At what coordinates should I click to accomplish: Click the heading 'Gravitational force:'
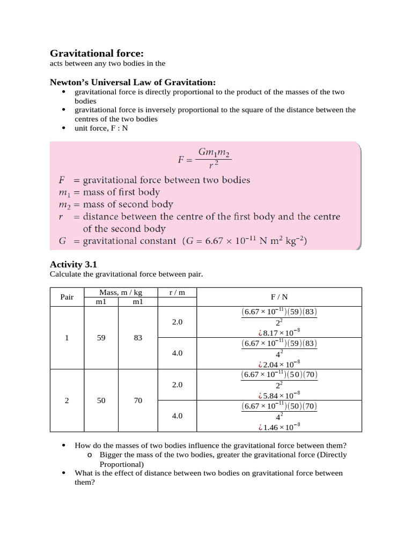(97, 53)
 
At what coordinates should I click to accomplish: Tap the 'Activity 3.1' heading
(73, 264)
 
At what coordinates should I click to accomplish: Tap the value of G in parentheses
(245, 241)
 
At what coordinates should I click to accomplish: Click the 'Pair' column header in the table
(67, 297)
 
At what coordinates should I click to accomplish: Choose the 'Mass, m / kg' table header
(120, 292)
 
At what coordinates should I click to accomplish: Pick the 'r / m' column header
(177, 292)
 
